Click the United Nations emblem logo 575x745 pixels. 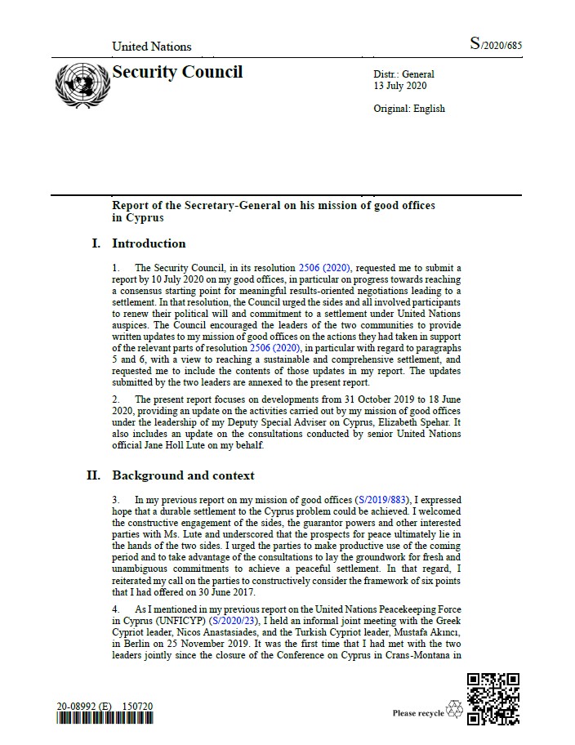[x=80, y=84]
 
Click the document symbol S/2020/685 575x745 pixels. [x=495, y=45]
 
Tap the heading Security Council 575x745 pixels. [x=177, y=72]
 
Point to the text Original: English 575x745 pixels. [x=409, y=109]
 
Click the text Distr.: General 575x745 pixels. [x=403, y=74]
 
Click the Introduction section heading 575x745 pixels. [x=149, y=243]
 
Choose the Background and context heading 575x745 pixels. [x=183, y=475]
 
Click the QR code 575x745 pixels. [x=493, y=698]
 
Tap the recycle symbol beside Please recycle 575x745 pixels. [x=454, y=710]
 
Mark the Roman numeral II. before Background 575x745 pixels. [x=94, y=475]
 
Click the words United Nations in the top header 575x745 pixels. [x=151, y=47]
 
